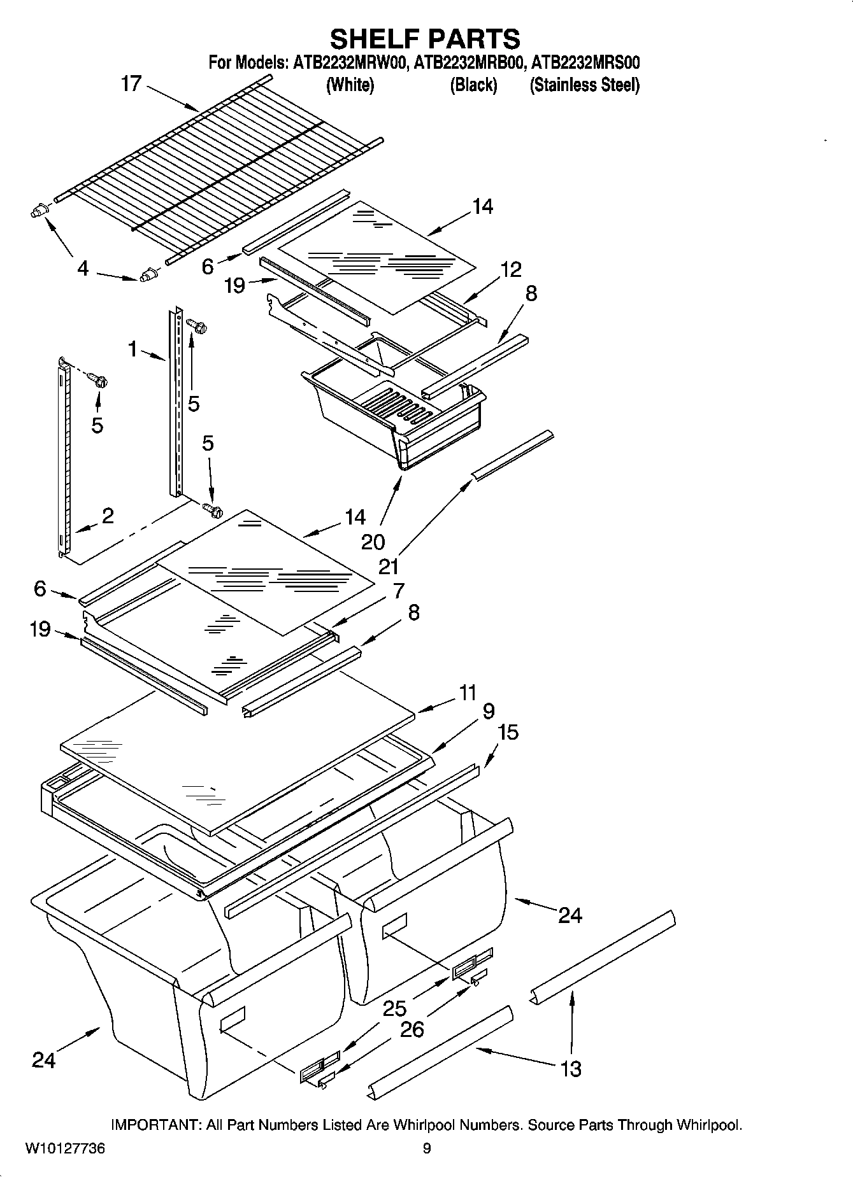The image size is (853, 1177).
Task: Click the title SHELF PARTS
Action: (425, 39)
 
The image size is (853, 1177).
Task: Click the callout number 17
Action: (131, 83)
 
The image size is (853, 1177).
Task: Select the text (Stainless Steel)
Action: (584, 85)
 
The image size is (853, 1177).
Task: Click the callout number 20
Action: (373, 542)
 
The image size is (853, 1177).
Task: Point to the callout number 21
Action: (388, 565)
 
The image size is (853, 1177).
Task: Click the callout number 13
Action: (571, 1068)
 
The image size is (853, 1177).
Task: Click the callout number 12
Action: (511, 269)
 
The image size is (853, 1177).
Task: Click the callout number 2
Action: (108, 516)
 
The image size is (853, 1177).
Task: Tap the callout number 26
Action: (412, 1029)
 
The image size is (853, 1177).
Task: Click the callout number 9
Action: (489, 711)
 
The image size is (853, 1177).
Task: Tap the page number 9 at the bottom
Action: (426, 1148)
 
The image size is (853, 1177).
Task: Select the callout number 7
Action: (399, 590)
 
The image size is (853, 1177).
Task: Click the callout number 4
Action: (83, 269)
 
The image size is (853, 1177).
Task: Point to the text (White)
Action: (350, 85)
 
